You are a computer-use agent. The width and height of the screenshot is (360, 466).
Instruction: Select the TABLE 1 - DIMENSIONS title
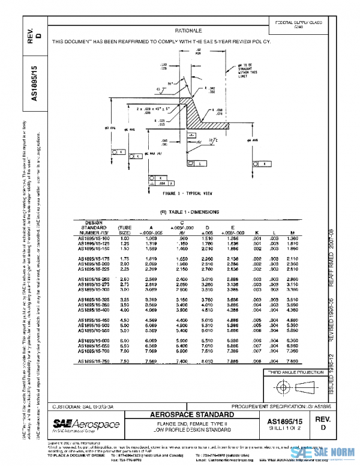(189, 211)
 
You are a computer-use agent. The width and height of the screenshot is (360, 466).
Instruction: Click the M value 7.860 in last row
(294, 361)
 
